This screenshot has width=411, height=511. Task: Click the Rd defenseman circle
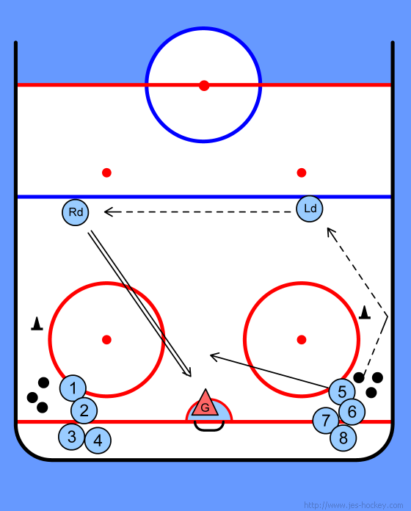coord(76,212)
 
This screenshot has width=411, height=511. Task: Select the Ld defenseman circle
coord(310,209)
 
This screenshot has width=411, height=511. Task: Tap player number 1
coord(73,388)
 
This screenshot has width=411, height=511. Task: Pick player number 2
coord(84,410)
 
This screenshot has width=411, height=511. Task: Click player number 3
coord(72,437)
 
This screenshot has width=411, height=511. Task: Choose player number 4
coord(98,441)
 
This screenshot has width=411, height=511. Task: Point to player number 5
coord(342,392)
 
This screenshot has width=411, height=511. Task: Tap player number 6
coord(352,412)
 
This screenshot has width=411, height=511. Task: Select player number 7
coord(326,421)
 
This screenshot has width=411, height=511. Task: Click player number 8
coord(343,438)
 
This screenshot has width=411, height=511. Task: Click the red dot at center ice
coord(204,86)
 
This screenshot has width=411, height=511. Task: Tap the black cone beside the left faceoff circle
coord(37,324)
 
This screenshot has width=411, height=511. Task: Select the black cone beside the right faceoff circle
coord(365,312)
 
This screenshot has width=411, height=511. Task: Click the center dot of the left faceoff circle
coord(106,340)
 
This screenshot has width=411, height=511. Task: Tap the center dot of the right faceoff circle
coord(302,340)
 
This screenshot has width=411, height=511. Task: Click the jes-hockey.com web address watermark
coord(353,505)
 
